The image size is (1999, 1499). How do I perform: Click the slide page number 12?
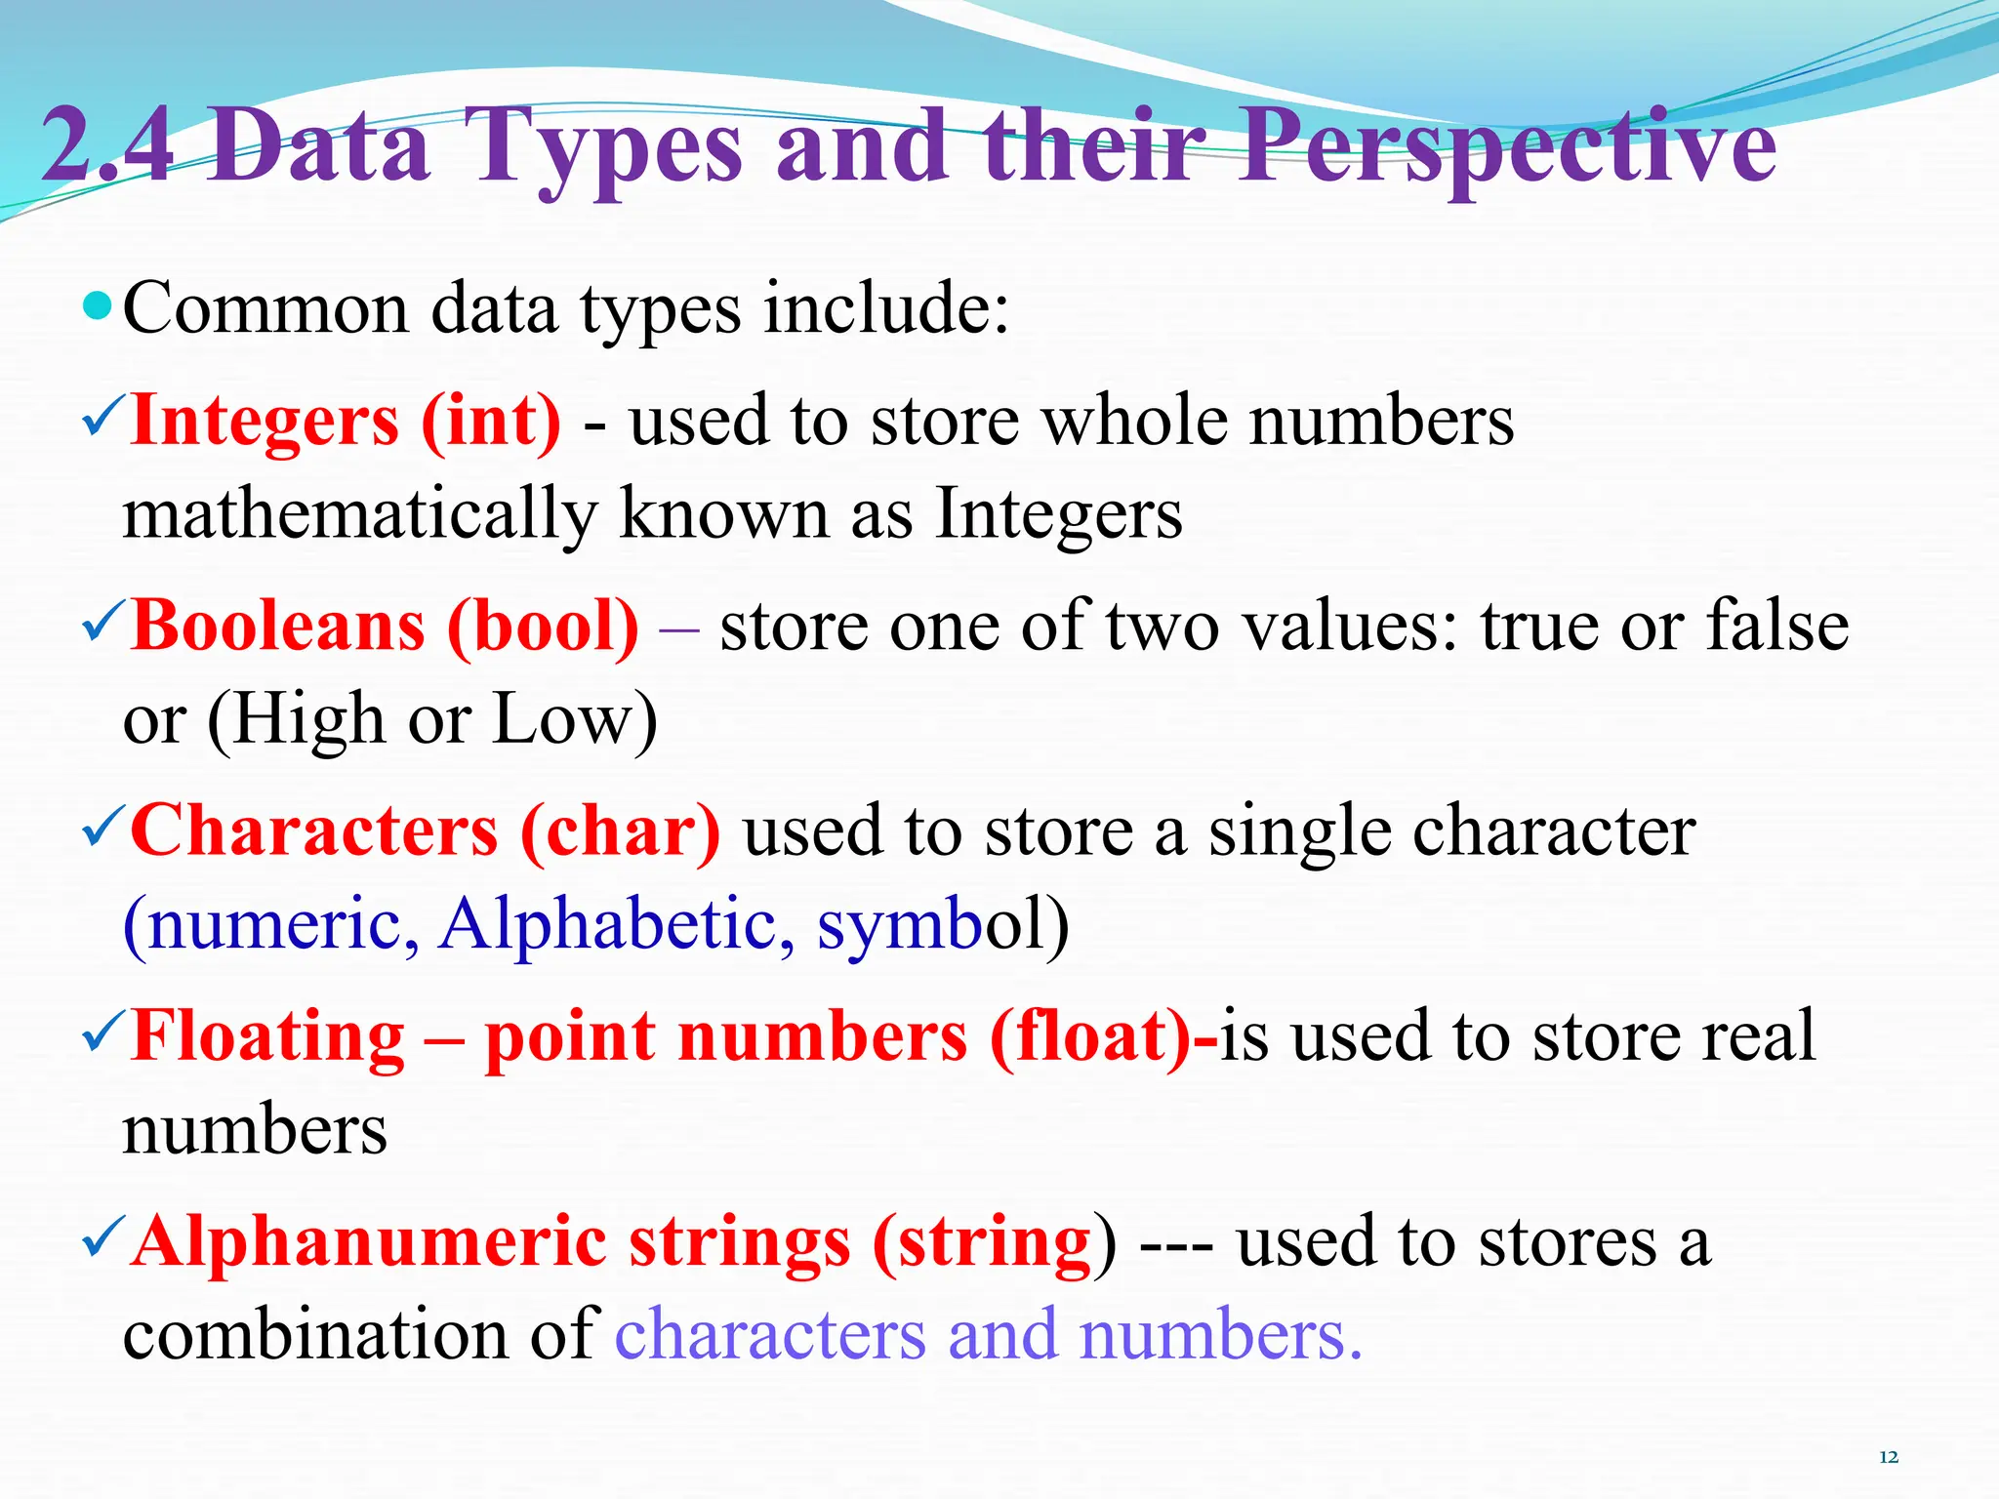[x=1889, y=1457]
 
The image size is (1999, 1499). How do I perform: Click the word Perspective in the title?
[x=1508, y=146]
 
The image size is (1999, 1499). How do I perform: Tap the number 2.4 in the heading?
[x=108, y=146]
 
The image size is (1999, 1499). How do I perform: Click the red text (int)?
[x=491, y=421]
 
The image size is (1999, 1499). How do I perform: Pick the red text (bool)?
[x=543, y=626]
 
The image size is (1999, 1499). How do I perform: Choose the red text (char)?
[x=621, y=831]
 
